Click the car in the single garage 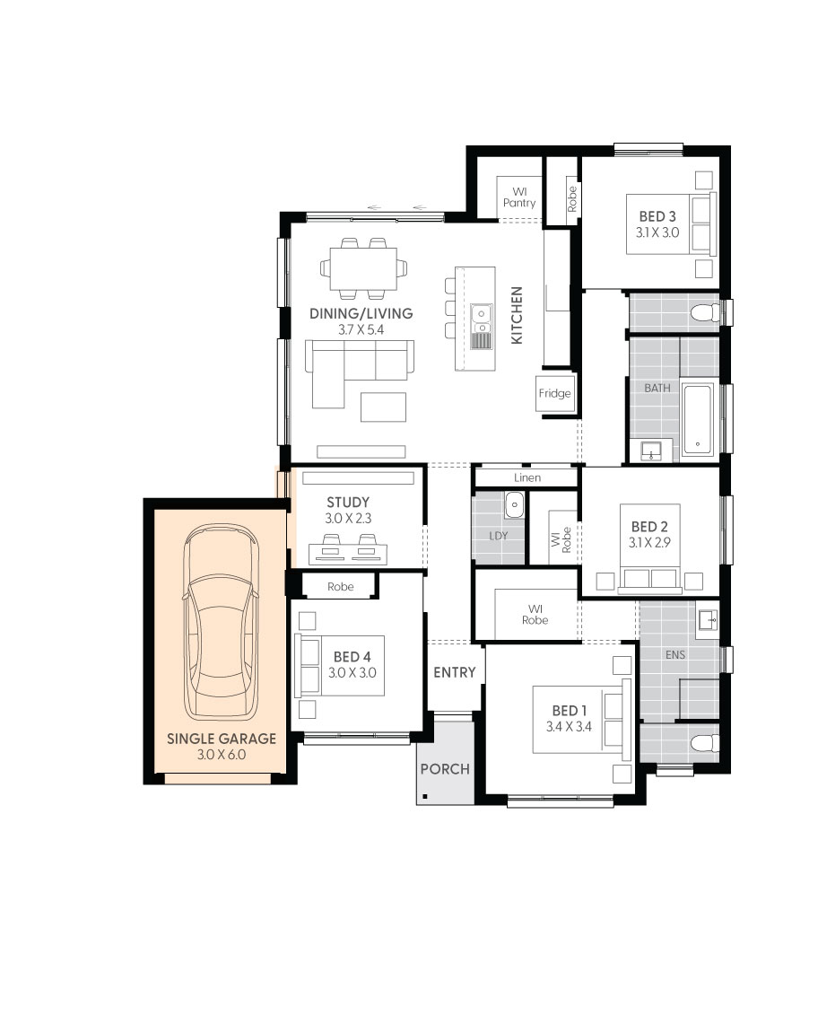(222, 622)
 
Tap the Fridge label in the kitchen (554, 393)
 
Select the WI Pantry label (519, 197)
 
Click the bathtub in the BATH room (698, 420)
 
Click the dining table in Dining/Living (363, 268)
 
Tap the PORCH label (445, 769)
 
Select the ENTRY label (455, 672)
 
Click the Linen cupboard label (526, 477)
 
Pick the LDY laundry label (498, 536)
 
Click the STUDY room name (348, 503)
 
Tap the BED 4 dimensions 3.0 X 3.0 (352, 673)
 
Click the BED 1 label (570, 710)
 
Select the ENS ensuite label (675, 654)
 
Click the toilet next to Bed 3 (705, 313)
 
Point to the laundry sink (515, 504)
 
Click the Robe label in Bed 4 (340, 586)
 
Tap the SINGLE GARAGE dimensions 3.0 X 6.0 (222, 754)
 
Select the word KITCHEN (517, 315)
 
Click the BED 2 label (648, 527)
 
